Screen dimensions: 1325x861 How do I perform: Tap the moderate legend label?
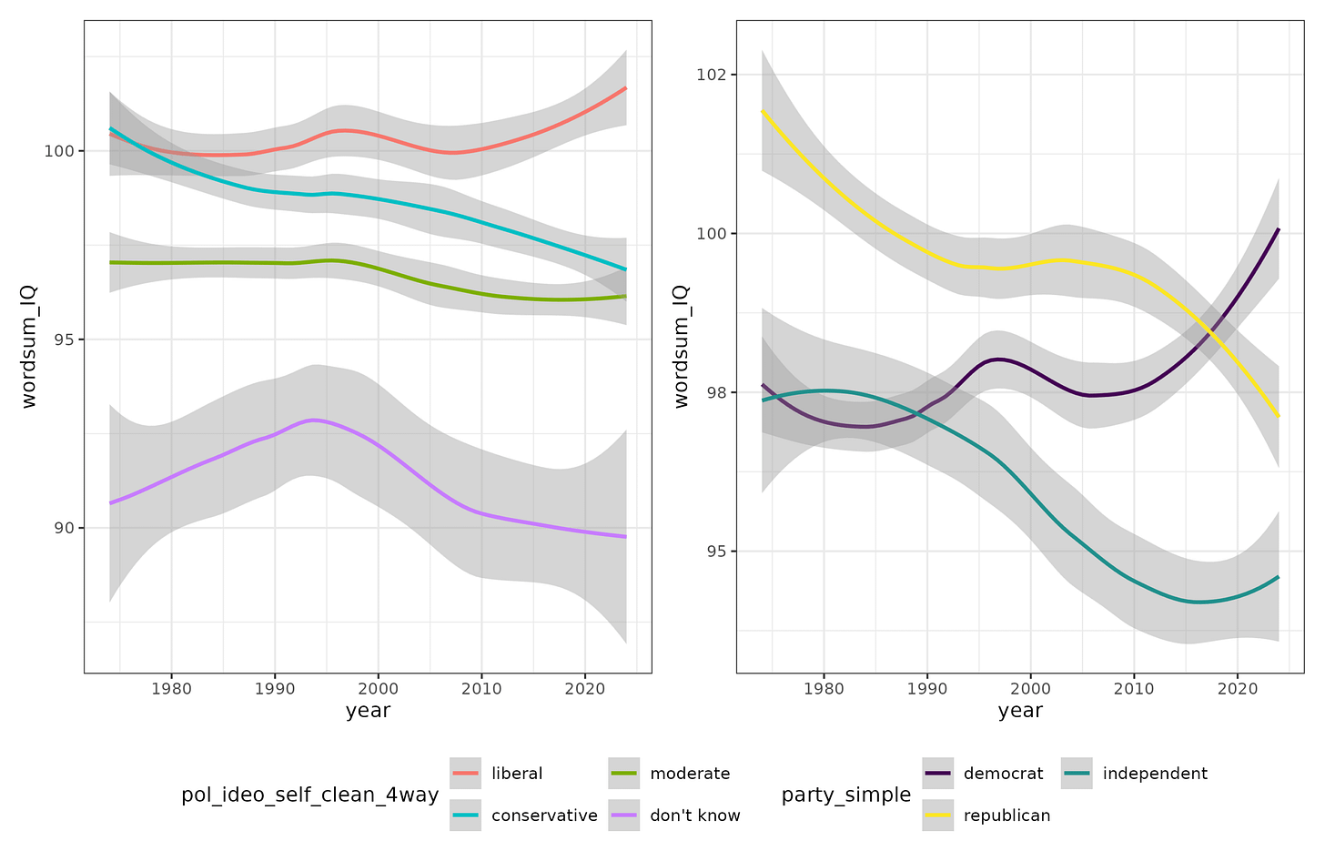(690, 774)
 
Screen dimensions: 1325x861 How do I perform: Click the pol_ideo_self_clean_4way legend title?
(310, 795)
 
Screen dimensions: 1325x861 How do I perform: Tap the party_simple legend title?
(846, 795)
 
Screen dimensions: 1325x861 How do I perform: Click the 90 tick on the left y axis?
(65, 528)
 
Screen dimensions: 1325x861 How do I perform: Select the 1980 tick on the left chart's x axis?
(171, 689)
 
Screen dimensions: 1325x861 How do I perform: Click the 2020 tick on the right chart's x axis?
(1238, 689)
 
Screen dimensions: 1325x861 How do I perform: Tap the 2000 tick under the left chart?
(379, 689)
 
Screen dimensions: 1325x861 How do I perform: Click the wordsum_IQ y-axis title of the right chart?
(682, 347)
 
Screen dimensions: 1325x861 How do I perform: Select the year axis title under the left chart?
(368, 710)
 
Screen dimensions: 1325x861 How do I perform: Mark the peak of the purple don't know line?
(313, 420)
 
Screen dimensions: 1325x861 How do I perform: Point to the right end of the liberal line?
(626, 88)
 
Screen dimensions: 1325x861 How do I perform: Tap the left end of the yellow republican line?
(763, 111)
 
